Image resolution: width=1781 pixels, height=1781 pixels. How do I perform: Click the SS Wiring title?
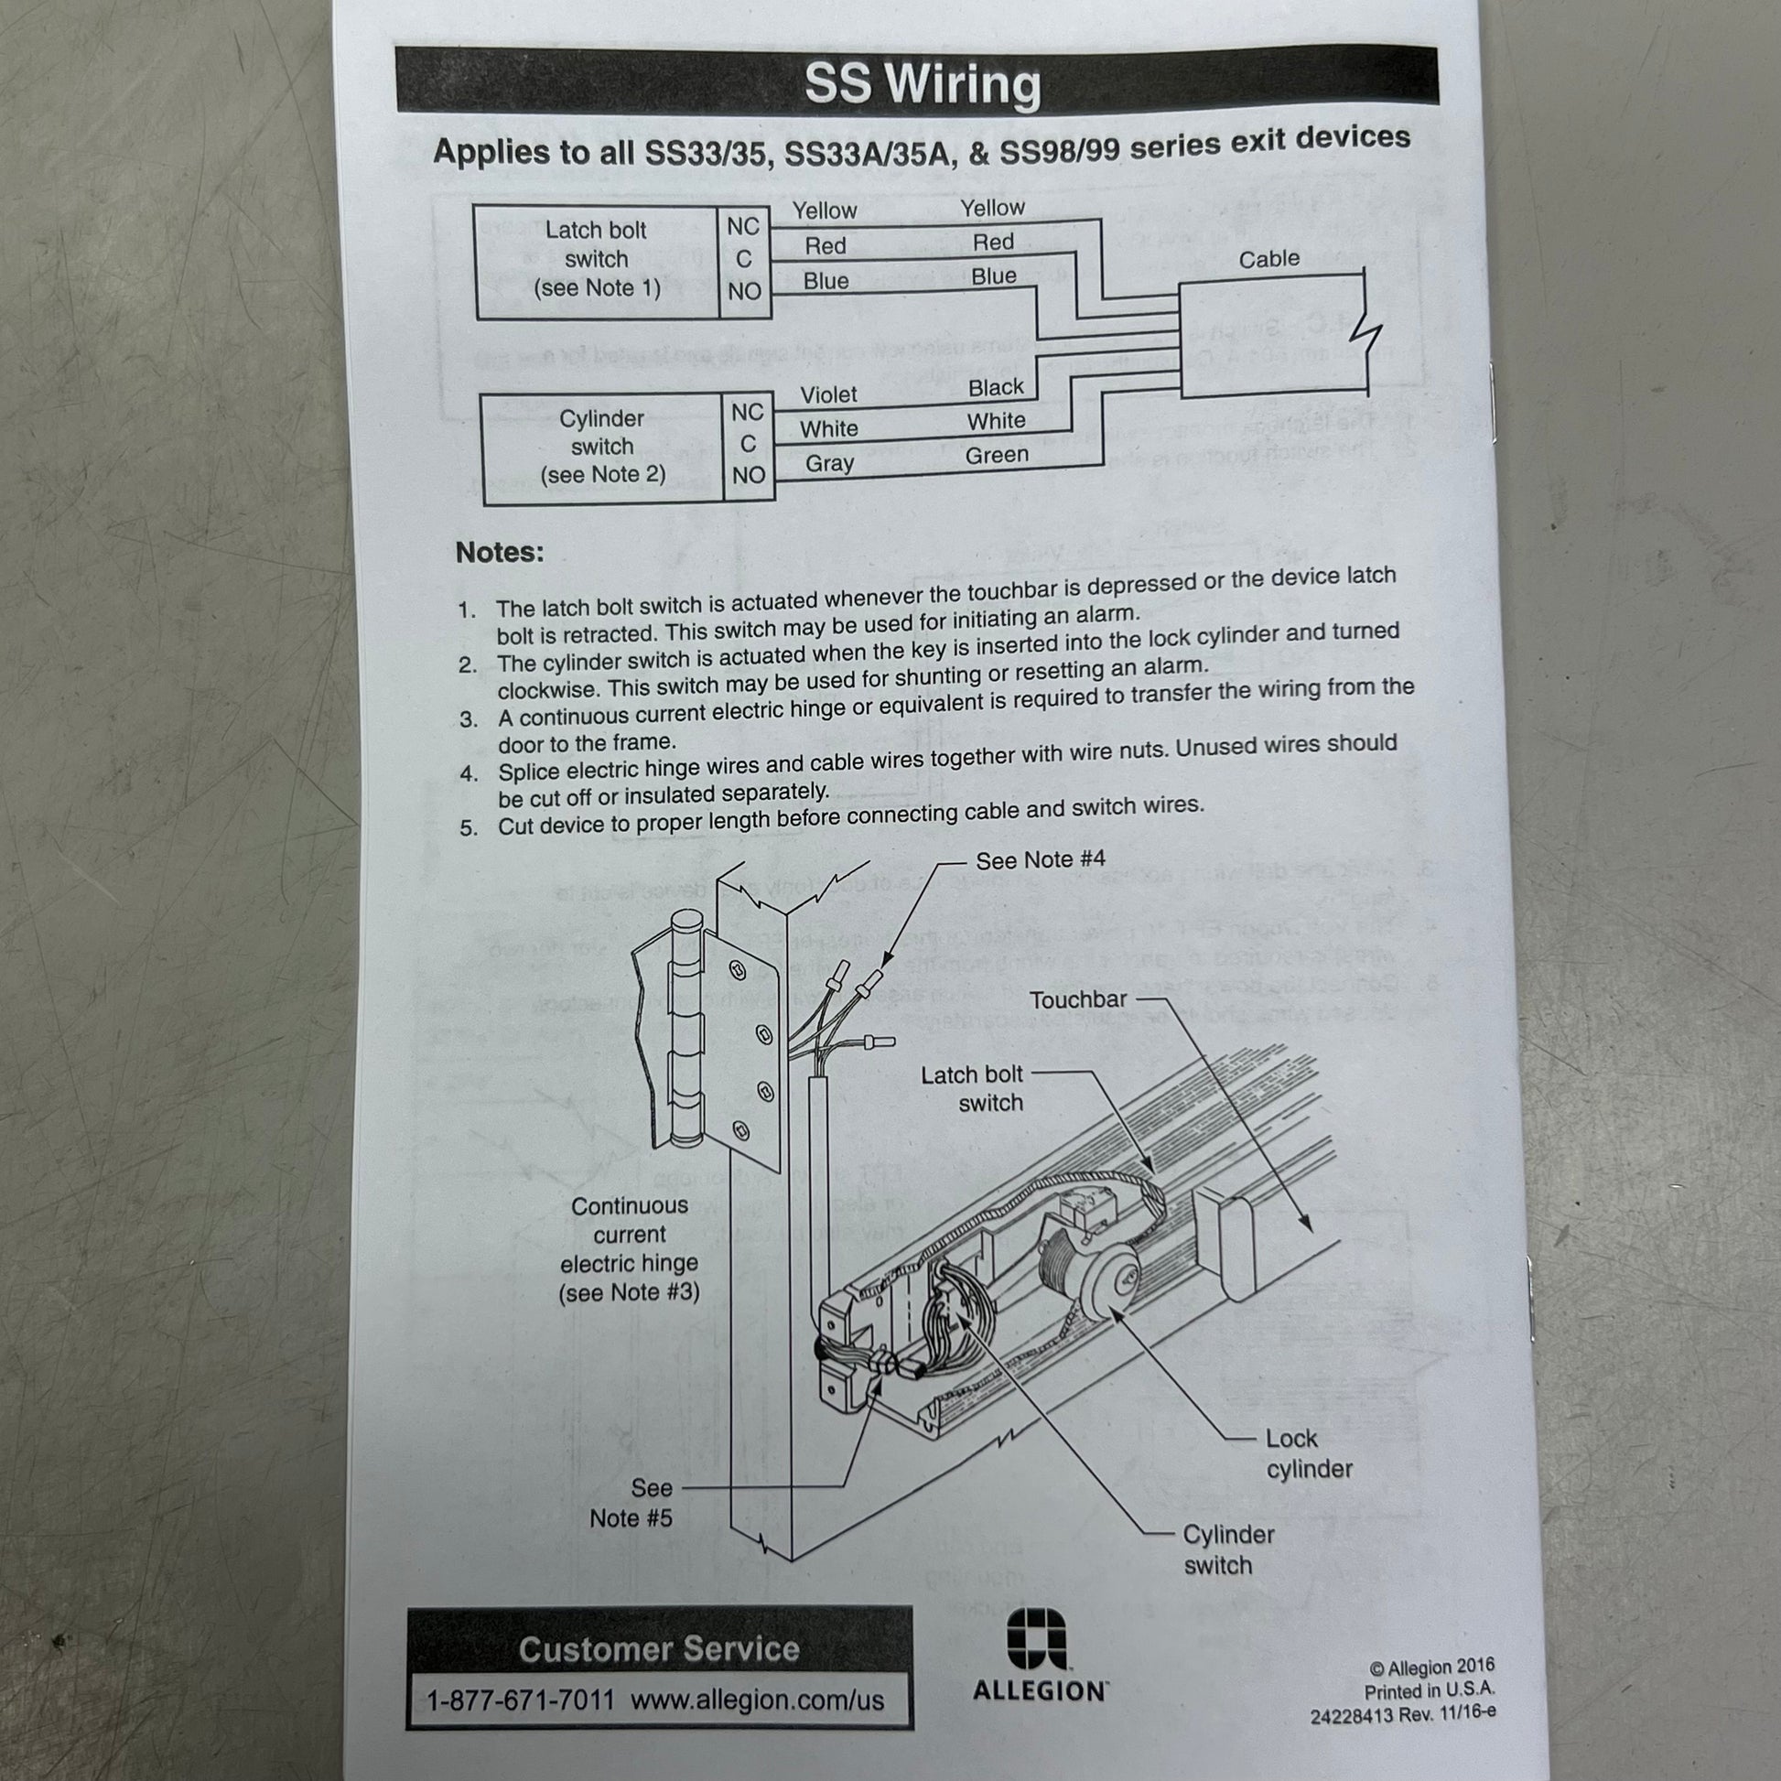click(x=923, y=85)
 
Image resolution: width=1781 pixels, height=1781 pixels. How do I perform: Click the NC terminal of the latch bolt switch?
click(x=743, y=227)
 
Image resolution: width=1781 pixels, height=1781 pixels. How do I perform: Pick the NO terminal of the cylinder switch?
click(x=750, y=476)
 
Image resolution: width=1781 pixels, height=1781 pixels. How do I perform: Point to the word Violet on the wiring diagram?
click(x=829, y=395)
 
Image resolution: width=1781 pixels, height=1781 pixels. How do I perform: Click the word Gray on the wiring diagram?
click(x=830, y=464)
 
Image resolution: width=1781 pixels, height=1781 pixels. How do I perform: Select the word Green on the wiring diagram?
click(x=997, y=456)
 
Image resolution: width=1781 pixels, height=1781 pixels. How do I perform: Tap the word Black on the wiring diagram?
click(x=996, y=387)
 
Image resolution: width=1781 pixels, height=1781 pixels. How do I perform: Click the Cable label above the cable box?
click(x=1268, y=259)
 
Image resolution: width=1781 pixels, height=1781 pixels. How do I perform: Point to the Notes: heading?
click(x=500, y=552)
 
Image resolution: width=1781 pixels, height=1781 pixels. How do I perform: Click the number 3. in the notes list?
click(x=469, y=720)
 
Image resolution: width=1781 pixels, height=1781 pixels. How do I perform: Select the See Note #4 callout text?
click(x=1040, y=860)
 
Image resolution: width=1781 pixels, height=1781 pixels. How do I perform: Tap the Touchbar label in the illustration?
click(x=1078, y=999)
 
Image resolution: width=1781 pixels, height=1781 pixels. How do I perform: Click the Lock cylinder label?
click(x=1309, y=1453)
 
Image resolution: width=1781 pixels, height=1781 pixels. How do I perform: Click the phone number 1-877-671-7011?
click(x=520, y=1700)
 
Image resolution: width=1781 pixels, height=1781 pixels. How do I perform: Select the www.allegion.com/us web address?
click(x=757, y=1700)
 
